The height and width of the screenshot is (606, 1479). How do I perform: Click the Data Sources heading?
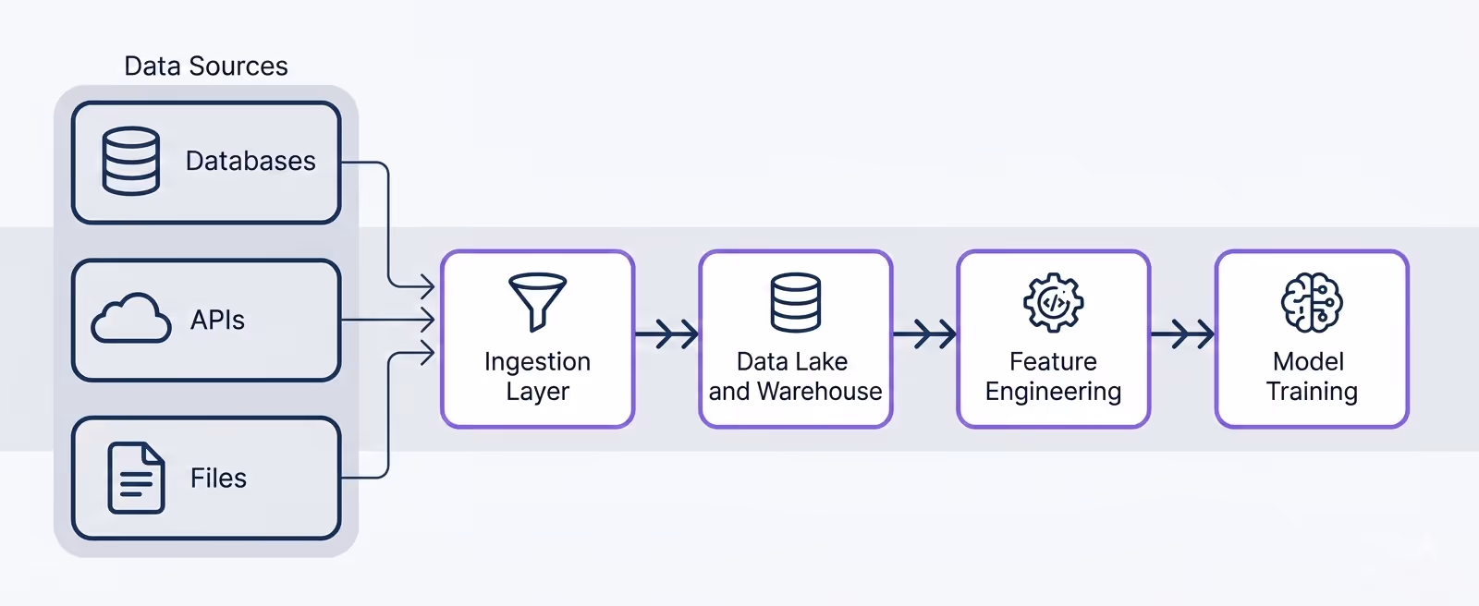pyautogui.click(x=206, y=67)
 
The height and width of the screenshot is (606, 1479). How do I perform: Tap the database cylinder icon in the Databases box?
pyautogui.click(x=130, y=162)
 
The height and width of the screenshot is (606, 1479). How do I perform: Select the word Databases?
pyautogui.click(x=251, y=162)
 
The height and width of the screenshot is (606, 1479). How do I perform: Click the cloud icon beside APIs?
pyautogui.click(x=131, y=320)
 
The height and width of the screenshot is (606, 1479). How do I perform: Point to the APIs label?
pyautogui.click(x=217, y=321)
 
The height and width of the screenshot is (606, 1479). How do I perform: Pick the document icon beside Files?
pyautogui.click(x=136, y=478)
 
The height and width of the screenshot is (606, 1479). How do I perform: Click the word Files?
pyautogui.click(x=218, y=479)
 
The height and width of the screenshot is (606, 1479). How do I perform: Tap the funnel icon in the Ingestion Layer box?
pyautogui.click(x=537, y=301)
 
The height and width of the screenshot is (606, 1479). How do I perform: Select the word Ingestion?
pyautogui.click(x=537, y=361)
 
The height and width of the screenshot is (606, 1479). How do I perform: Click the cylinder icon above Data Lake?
pyautogui.click(x=795, y=302)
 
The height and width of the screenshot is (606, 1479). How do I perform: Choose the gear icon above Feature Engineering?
pyautogui.click(x=1053, y=302)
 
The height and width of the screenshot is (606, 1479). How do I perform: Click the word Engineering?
pyautogui.click(x=1053, y=392)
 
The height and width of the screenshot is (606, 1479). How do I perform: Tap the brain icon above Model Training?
pyautogui.click(x=1312, y=302)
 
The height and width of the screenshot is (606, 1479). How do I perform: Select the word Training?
pyautogui.click(x=1312, y=392)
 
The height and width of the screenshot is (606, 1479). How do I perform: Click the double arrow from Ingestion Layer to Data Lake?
pyautogui.click(x=667, y=333)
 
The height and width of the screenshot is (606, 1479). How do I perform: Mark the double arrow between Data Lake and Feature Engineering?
pyautogui.click(x=925, y=333)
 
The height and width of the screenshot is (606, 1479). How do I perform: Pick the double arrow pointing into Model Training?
pyautogui.click(x=1183, y=333)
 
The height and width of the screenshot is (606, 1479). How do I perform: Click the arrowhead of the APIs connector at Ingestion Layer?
pyautogui.click(x=428, y=321)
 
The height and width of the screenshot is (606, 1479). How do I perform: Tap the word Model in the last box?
pyautogui.click(x=1308, y=361)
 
